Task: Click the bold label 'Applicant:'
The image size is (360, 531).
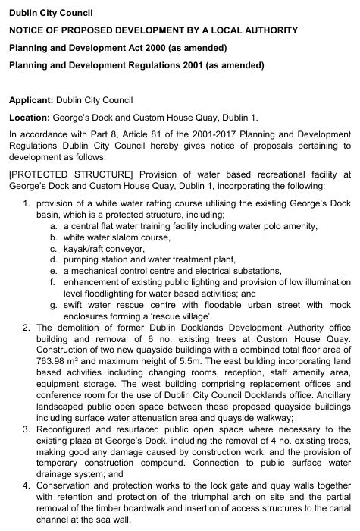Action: coord(31,100)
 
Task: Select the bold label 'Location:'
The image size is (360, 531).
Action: coord(29,118)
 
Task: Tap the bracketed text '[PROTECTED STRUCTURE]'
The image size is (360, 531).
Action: coord(61,174)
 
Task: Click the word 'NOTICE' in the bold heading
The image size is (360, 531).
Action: coord(29,30)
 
